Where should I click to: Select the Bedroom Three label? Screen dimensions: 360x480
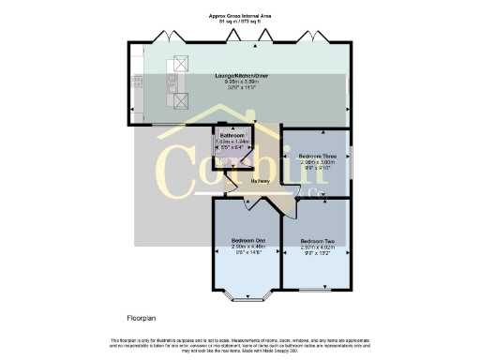tap(316, 155)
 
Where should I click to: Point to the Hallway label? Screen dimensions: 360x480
tap(261, 181)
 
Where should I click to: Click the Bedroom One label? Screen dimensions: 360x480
tap(248, 241)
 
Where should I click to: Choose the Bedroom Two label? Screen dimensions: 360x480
tap(316, 241)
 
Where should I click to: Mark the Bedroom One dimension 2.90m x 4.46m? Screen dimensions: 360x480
tap(248, 247)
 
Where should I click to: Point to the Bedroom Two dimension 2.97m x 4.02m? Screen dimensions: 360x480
tap(316, 247)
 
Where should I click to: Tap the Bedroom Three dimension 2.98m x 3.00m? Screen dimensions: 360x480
tap(316, 161)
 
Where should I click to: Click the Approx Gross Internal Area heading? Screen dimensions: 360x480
tap(240, 14)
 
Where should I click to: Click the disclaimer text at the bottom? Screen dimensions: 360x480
tap(240, 344)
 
